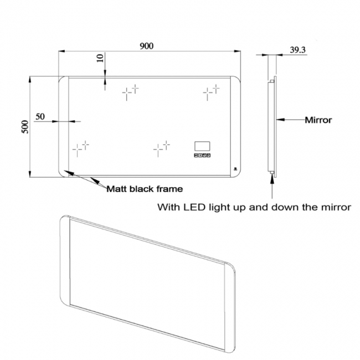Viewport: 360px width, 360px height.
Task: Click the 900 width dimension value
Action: pyautogui.click(x=146, y=47)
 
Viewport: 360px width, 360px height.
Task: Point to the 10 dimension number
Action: pyautogui.click(x=100, y=59)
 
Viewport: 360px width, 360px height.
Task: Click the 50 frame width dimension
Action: pyautogui.click(x=40, y=116)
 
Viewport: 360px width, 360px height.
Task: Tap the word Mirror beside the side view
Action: pyautogui.click(x=318, y=120)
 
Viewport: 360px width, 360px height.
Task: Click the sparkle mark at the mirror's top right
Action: pyautogui.click(x=210, y=91)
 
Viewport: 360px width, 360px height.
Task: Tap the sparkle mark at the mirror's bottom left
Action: pyautogui.click(x=81, y=147)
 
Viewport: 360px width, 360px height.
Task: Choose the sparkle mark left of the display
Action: pyautogui.click(x=161, y=147)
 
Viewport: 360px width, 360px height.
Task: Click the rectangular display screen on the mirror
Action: pyautogui.click(x=202, y=147)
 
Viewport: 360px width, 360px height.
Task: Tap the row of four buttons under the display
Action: pyautogui.click(x=202, y=156)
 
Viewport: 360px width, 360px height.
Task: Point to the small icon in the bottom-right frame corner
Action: pyautogui.click(x=234, y=169)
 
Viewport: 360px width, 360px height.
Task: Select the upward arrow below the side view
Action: pyautogui.click(x=272, y=186)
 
